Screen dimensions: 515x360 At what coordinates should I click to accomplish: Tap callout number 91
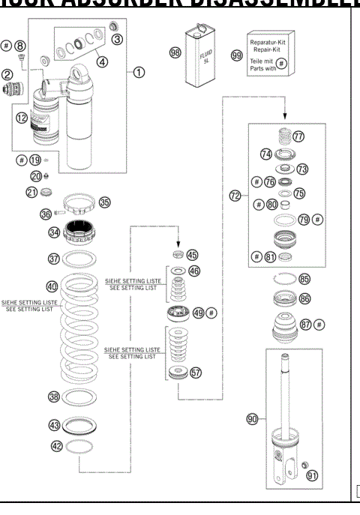(322, 474)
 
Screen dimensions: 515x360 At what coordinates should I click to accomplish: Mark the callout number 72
(234, 196)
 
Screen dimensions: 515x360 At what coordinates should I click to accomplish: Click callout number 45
(192, 255)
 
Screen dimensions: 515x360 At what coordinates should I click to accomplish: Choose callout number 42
(54, 445)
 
